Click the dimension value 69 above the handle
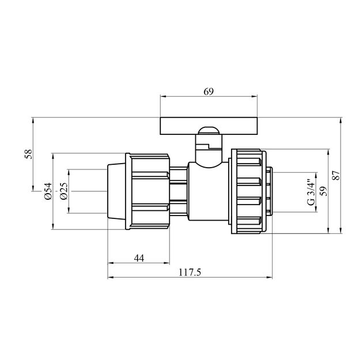[209, 92]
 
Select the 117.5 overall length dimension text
[190, 272]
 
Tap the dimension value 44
[139, 258]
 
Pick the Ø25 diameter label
[63, 191]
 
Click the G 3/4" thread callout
[311, 192]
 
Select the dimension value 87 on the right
[336, 175]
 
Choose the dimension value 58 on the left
[28, 154]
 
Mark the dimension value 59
[324, 191]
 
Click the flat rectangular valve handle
[209, 126]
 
